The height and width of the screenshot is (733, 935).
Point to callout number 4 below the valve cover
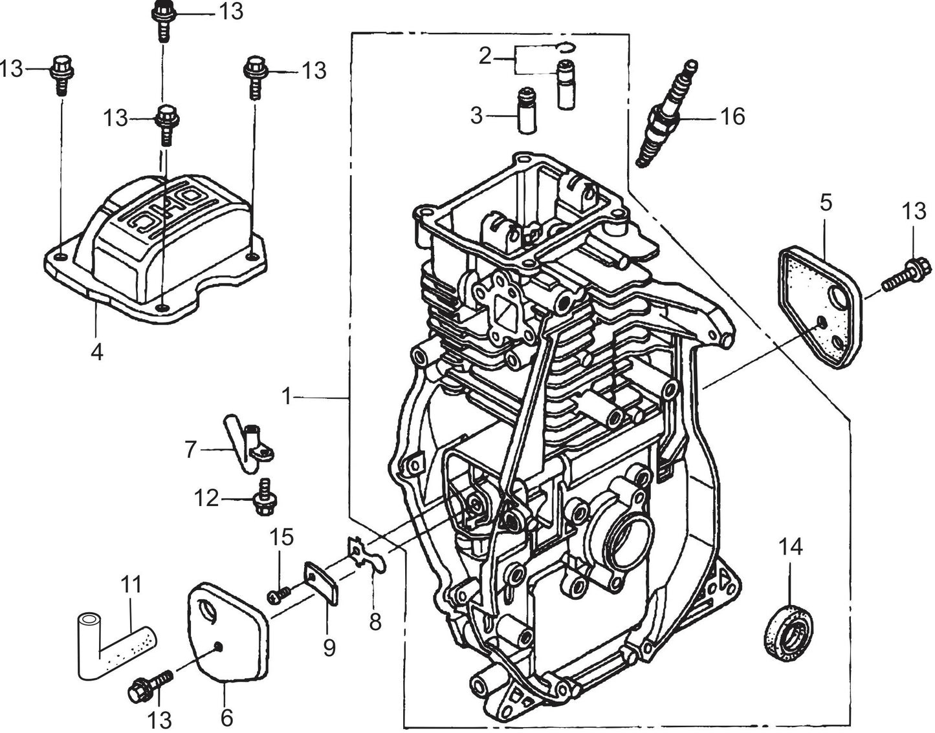coord(97,352)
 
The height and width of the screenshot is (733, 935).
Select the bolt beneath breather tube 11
coord(151,687)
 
